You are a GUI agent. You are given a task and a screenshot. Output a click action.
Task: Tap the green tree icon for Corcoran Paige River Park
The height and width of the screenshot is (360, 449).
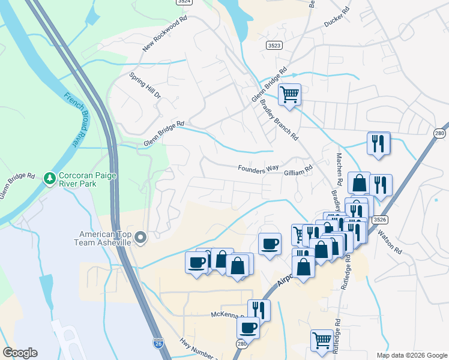tap(49, 178)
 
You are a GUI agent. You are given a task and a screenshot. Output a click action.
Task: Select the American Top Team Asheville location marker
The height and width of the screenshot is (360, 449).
tap(141, 238)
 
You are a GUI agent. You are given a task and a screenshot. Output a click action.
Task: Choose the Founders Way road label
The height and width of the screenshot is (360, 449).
tap(259, 170)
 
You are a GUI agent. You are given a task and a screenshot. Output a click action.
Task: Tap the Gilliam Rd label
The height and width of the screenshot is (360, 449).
tap(298, 170)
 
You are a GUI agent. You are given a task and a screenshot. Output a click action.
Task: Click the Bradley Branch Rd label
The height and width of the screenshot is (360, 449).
tap(279, 120)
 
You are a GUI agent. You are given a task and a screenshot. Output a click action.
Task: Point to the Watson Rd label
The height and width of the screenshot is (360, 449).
tap(388, 239)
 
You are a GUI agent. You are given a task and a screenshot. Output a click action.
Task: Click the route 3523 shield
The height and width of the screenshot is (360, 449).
tap(275, 45)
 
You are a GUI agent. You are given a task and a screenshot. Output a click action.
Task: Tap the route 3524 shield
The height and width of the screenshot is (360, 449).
tap(184, 2)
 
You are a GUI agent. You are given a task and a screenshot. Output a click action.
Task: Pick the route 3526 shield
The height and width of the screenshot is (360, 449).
tap(379, 220)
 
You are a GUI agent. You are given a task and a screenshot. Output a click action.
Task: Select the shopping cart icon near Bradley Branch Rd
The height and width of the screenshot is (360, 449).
tap(289, 95)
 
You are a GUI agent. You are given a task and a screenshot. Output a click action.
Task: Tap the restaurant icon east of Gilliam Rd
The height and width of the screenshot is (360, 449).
tap(379, 144)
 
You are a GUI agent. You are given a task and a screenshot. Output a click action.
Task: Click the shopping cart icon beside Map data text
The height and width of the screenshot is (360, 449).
tap(322, 340)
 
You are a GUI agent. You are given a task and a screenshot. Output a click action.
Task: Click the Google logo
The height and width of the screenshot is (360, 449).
tap(20, 353)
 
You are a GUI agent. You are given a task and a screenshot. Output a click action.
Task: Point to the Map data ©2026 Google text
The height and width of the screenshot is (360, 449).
tap(411, 355)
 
